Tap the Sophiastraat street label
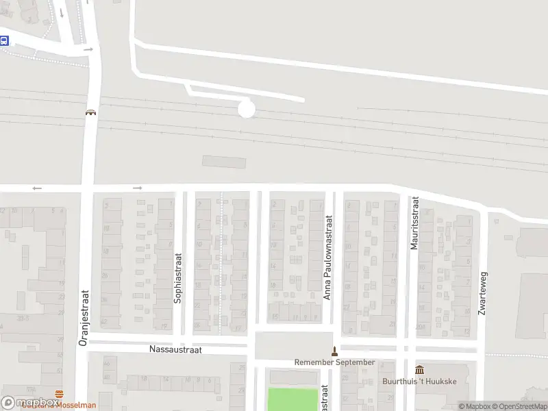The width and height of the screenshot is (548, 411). click(x=177, y=278)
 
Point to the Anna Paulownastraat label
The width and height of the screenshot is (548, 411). click(x=327, y=258)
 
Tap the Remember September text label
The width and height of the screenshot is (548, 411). click(x=334, y=362)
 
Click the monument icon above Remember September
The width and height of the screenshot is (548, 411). click(x=334, y=351)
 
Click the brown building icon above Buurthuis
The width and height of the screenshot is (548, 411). click(x=419, y=370)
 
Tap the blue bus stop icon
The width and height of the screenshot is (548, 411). click(x=4, y=40)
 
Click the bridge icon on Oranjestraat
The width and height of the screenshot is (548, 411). click(x=90, y=112)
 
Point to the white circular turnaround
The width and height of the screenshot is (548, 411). click(x=246, y=109)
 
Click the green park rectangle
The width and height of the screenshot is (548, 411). click(x=293, y=399)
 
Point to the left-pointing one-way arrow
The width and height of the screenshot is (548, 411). click(x=36, y=188)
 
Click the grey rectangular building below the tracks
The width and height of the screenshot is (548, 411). click(x=224, y=162)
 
